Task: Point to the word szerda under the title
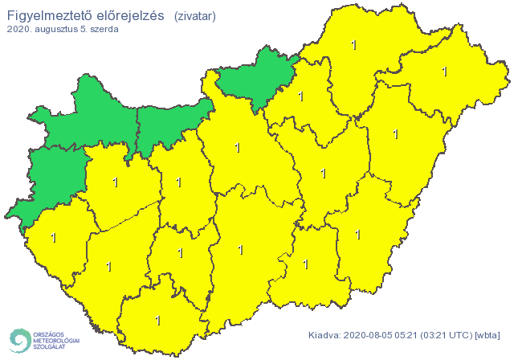(x=104, y=30)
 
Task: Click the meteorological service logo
(x=44, y=340)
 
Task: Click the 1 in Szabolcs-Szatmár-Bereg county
(x=444, y=72)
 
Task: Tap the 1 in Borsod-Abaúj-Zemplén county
(x=354, y=45)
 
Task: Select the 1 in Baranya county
(x=157, y=321)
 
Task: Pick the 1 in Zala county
(x=54, y=238)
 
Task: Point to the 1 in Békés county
(x=357, y=234)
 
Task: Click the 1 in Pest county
(x=236, y=148)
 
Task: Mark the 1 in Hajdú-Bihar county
(x=395, y=134)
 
